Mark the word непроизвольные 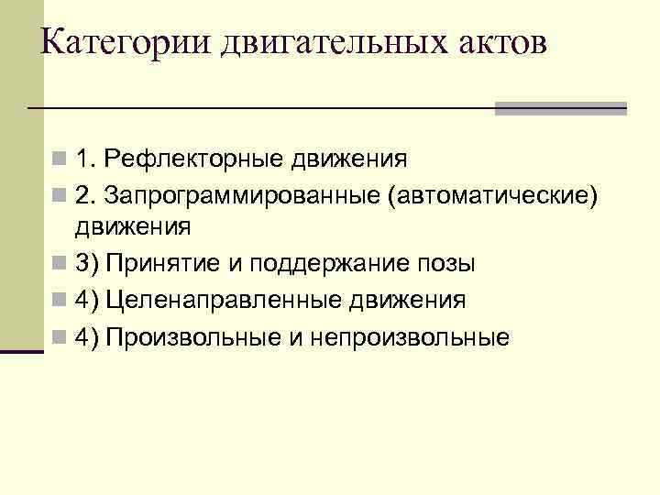pos(409,336)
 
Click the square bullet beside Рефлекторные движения pos(60,161)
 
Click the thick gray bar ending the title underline pos(560,108)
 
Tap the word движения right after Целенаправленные pos(403,300)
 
